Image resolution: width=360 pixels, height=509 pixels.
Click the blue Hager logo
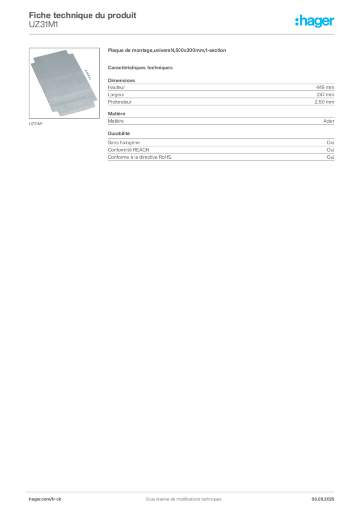(315, 22)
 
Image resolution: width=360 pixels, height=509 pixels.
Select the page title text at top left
(83, 14)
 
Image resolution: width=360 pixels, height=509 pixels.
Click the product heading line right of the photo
(167, 51)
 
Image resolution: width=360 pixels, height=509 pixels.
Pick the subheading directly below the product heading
(141, 67)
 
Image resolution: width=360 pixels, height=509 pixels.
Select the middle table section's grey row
(221, 121)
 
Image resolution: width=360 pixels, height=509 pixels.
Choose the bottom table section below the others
(221, 152)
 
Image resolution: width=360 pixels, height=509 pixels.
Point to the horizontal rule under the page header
(183, 33)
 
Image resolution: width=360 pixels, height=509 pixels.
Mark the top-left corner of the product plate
(33, 59)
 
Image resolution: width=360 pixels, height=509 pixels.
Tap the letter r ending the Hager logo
(334, 22)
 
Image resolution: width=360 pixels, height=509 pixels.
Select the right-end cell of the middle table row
(330, 121)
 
